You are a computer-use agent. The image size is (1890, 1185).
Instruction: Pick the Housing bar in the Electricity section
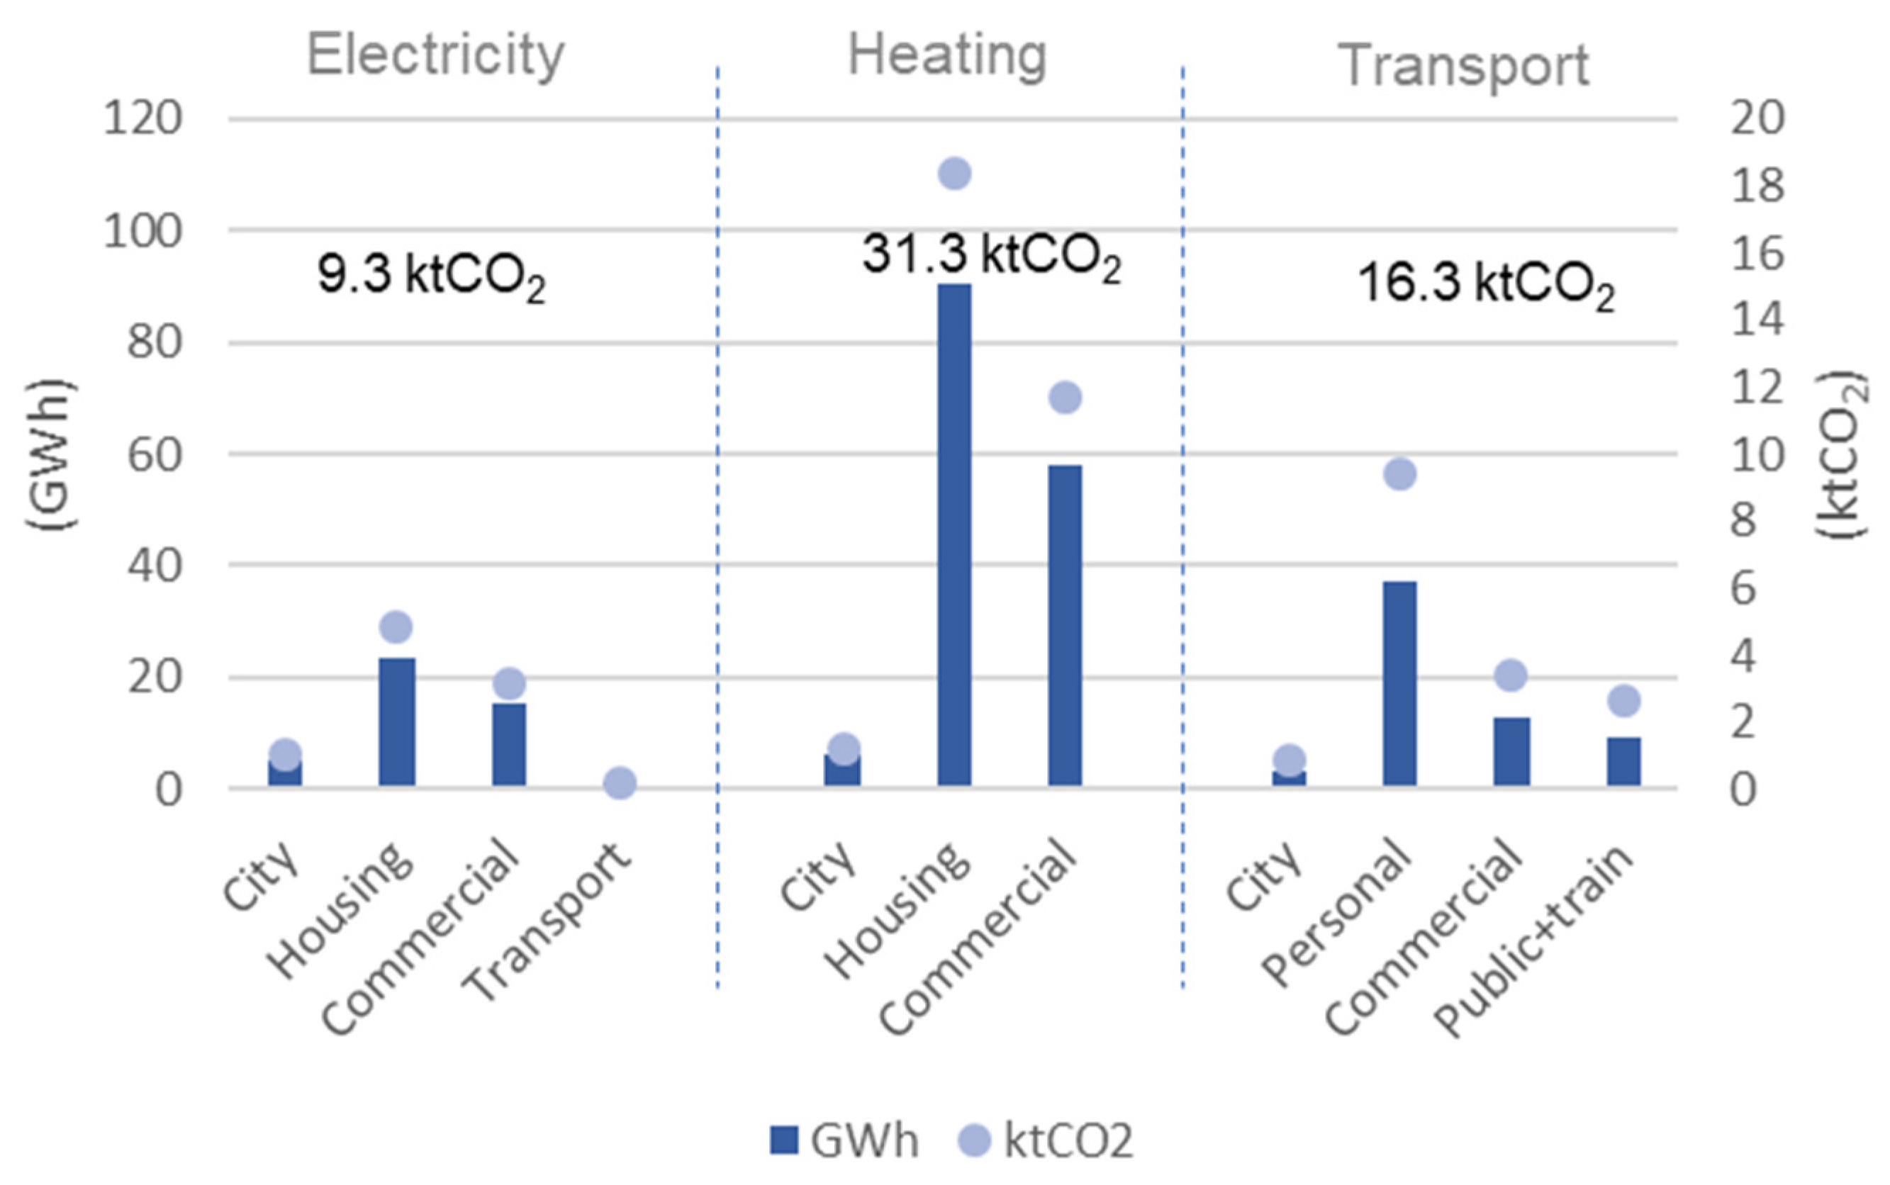(397, 721)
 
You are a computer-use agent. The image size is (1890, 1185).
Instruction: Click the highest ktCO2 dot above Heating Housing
(954, 173)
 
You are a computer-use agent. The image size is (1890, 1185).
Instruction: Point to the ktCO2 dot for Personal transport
(1399, 474)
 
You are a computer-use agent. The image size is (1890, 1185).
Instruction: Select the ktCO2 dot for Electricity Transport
(620, 783)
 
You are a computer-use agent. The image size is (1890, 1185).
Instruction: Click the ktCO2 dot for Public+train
(1623, 701)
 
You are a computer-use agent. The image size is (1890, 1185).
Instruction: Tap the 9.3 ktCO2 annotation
(431, 276)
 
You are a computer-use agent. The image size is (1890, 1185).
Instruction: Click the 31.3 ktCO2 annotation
(991, 257)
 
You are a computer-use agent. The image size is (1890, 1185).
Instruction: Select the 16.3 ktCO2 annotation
(1485, 284)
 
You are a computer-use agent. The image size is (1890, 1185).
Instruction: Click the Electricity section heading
(436, 56)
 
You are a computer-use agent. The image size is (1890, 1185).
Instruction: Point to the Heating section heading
(947, 56)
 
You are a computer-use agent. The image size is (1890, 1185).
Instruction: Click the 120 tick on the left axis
(142, 120)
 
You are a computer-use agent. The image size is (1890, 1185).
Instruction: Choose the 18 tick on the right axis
(1757, 186)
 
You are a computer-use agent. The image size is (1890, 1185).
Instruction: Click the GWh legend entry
(844, 1140)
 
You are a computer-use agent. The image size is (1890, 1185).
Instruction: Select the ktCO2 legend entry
(1046, 1140)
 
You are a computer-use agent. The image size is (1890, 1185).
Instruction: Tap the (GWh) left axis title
(52, 455)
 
